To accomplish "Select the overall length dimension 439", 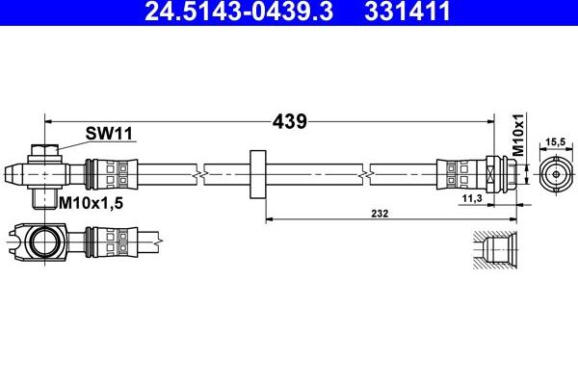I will (288, 122).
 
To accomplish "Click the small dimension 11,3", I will (472, 197).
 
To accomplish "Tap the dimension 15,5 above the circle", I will (554, 141).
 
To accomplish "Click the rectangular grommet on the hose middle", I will (257, 174).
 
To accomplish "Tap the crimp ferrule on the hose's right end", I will (456, 174).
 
